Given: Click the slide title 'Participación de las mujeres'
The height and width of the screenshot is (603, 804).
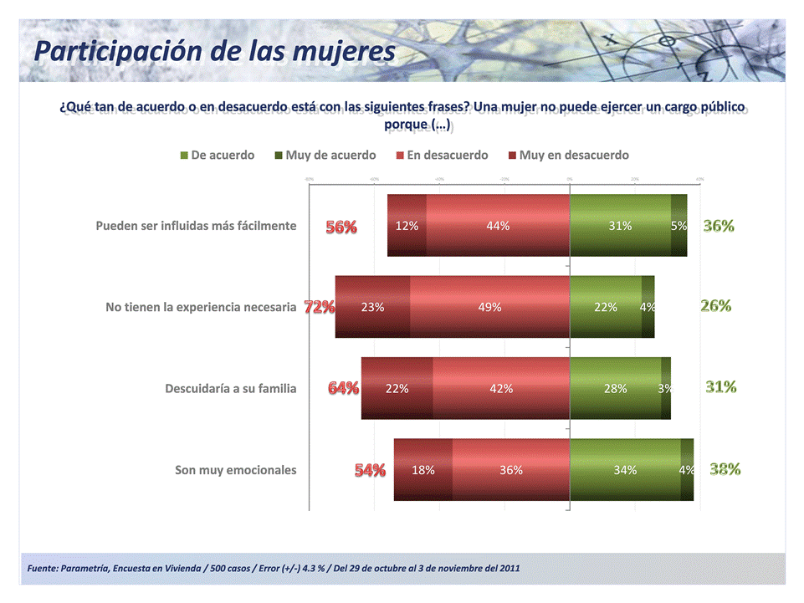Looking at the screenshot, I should (214, 51).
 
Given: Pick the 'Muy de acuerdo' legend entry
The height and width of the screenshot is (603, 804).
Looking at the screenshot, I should (330, 155).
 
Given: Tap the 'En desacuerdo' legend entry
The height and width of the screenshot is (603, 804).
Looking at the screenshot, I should (448, 155).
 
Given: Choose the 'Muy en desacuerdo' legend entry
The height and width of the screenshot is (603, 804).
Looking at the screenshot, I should (574, 155).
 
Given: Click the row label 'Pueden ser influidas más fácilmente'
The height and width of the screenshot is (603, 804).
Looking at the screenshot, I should (196, 226).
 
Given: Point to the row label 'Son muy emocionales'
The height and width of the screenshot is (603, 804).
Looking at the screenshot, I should (235, 470).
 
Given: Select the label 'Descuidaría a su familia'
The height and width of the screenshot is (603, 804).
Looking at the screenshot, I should (231, 388).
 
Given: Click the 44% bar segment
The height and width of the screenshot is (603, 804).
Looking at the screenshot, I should (498, 226).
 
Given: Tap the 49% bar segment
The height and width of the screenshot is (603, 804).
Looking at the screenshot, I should (489, 307).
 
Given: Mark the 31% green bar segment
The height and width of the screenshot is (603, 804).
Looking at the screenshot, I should (620, 226).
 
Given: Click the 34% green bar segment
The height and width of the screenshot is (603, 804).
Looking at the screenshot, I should (624, 470).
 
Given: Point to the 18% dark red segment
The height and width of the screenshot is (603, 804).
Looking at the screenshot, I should (423, 470).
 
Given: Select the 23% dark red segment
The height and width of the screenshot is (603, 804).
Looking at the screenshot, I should (373, 307).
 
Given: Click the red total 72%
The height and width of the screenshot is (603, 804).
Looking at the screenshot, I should (320, 307).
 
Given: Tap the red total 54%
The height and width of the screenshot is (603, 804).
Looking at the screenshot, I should (370, 470).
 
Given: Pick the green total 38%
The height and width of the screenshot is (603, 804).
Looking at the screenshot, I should (725, 469).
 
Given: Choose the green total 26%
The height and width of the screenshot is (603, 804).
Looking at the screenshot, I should (716, 306).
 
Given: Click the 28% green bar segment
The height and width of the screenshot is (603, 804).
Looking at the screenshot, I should (615, 388).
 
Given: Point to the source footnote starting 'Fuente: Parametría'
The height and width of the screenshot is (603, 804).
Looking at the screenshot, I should (274, 569).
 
